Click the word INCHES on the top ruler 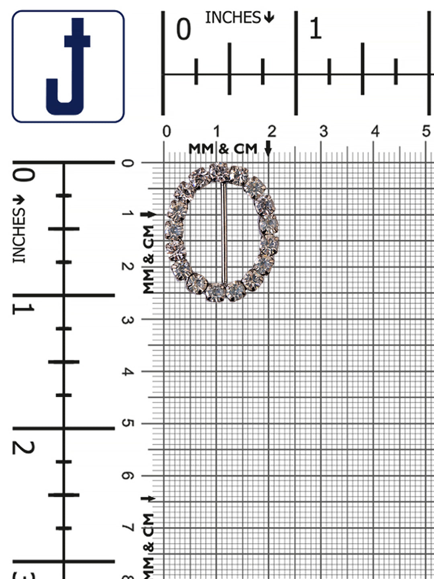(233, 18)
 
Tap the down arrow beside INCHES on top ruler (269, 17)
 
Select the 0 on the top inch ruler (184, 30)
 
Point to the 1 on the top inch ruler (315, 29)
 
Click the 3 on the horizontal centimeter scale (323, 131)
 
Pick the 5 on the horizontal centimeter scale (426, 131)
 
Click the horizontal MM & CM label (223, 149)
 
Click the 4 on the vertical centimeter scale (128, 372)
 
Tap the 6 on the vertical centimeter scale (128, 476)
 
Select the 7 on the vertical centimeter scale (128, 528)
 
